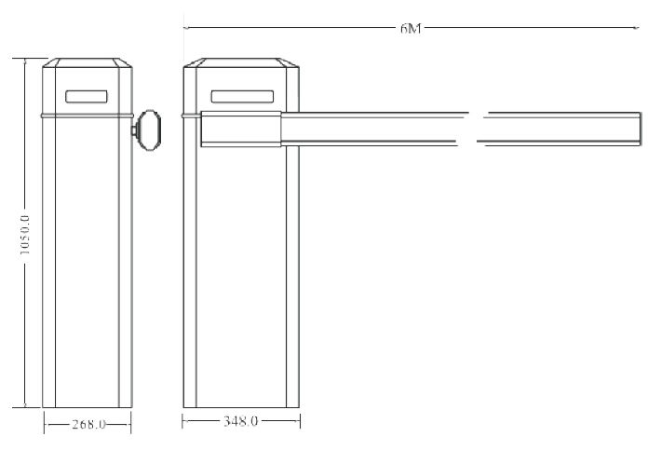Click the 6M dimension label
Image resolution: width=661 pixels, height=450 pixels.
[x=411, y=29]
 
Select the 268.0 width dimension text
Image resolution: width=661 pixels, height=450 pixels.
[x=88, y=424]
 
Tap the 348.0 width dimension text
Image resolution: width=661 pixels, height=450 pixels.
[x=240, y=422]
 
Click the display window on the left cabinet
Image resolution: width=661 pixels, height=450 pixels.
[x=88, y=95]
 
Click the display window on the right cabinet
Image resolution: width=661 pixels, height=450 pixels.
[x=241, y=95]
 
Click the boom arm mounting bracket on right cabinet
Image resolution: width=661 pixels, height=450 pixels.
[x=239, y=129]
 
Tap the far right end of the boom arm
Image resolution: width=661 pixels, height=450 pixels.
[x=640, y=128]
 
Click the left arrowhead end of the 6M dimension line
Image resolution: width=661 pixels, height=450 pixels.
[x=185, y=29]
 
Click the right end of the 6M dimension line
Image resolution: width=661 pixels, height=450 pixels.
[x=641, y=29]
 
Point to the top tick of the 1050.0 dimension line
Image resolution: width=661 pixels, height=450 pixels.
[x=26, y=59]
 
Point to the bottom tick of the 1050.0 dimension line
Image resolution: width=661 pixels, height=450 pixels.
[x=26, y=407]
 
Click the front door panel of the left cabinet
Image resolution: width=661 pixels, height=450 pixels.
[x=88, y=270]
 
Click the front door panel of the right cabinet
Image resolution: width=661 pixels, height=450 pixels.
[x=241, y=280]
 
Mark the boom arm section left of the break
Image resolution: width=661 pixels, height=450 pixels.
[x=372, y=128]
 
